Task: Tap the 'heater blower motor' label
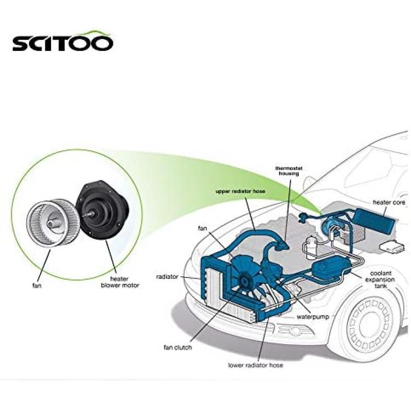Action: point(120,282)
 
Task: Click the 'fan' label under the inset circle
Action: point(37,286)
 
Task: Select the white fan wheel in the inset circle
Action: point(54,223)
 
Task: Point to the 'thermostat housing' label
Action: point(289,171)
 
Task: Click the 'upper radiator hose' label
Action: point(241,191)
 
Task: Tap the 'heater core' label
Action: point(389,202)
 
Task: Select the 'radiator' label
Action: point(167,277)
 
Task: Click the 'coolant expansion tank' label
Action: point(380,279)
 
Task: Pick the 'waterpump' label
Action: point(313,317)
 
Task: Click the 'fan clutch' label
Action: point(178,347)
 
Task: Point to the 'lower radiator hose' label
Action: point(255,365)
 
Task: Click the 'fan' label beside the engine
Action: point(202,229)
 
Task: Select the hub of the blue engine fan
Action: point(244,281)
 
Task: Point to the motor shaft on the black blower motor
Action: point(87,214)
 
